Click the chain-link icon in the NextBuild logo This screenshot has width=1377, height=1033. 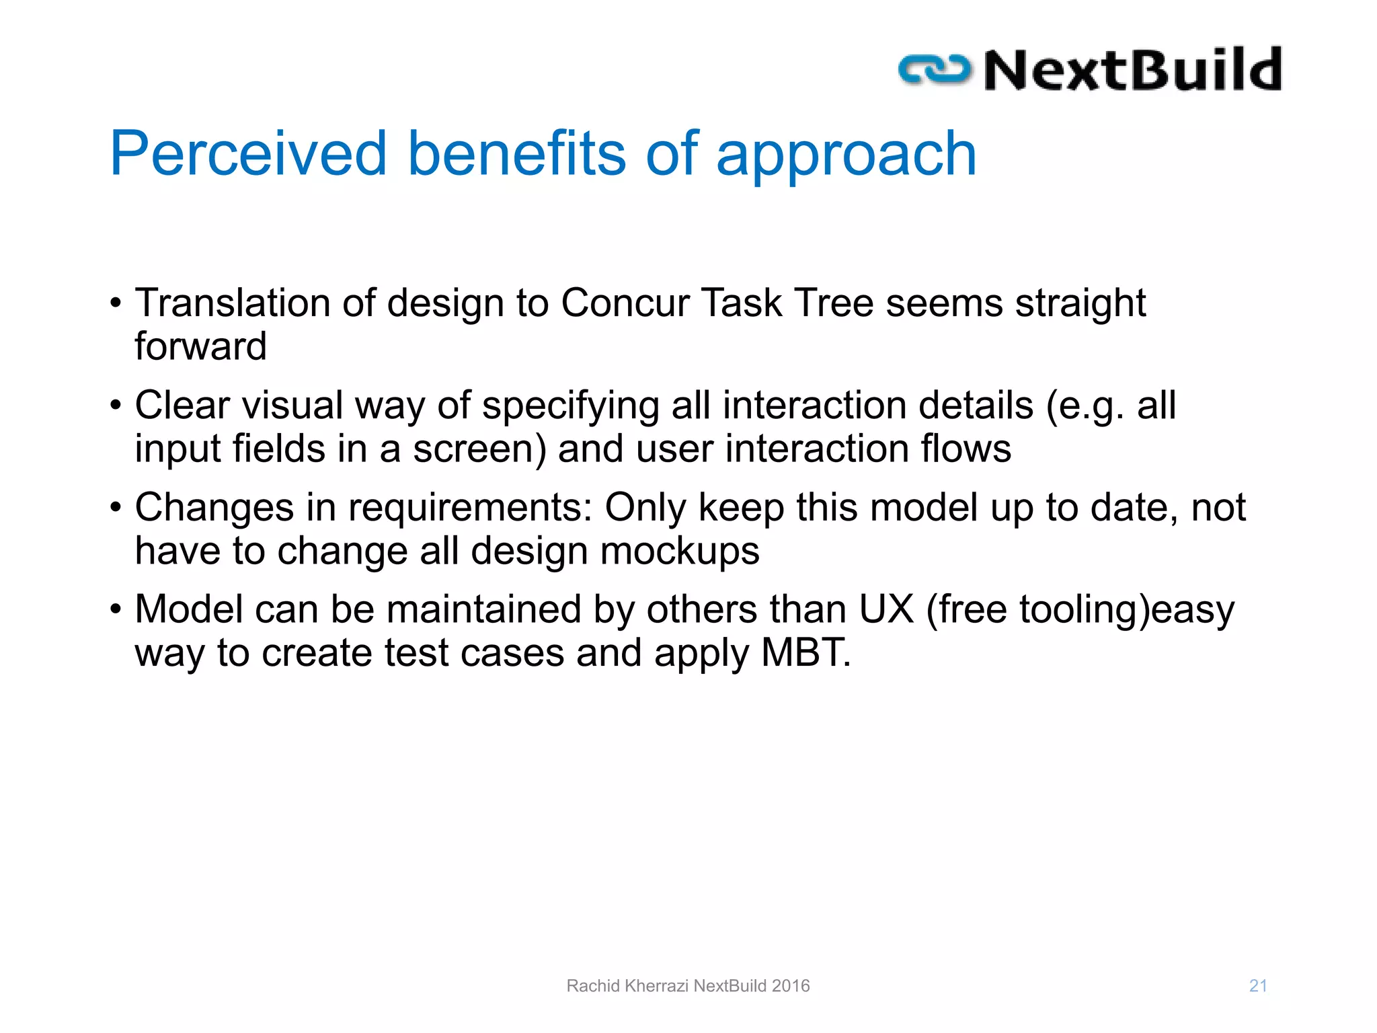point(935,70)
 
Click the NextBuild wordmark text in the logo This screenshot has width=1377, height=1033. point(1132,70)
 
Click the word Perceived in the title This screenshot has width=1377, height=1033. point(248,154)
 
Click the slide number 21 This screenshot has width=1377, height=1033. point(1258,986)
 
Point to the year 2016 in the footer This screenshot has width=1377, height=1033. point(791,986)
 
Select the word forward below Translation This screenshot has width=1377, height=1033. point(200,346)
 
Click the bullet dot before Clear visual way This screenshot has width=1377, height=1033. point(116,406)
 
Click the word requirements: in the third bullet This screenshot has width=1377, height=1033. point(470,508)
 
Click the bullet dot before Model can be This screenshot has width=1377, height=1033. point(116,610)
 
